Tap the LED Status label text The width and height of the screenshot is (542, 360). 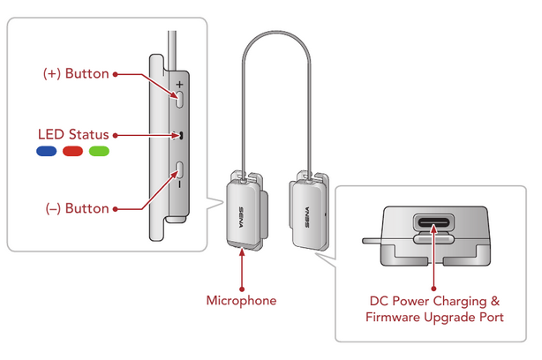tap(72, 135)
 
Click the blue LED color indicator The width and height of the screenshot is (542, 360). tap(47, 152)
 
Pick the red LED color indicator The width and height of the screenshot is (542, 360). tap(72, 152)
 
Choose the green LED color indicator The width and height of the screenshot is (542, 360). tap(99, 152)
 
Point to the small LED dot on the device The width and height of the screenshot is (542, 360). tap(179, 136)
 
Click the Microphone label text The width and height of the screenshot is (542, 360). tap(241, 301)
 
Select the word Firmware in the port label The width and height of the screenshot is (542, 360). tap(393, 317)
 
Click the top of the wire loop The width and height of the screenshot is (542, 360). tap(275, 36)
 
